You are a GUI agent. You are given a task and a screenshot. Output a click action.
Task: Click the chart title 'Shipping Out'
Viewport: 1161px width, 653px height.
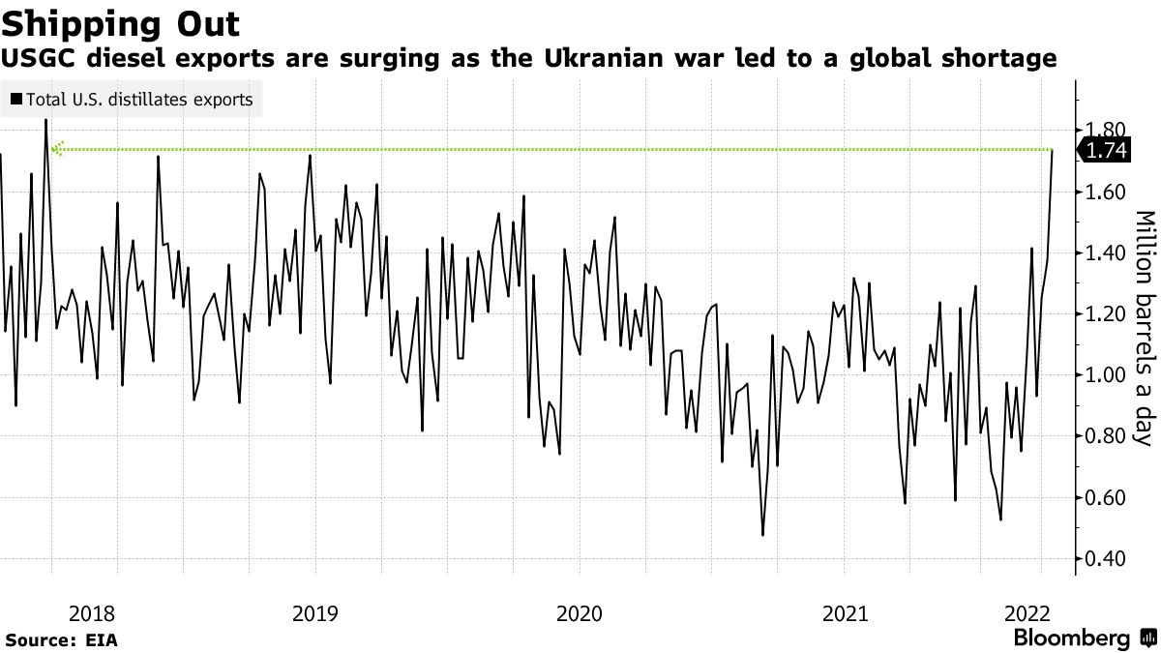pyautogui.click(x=122, y=20)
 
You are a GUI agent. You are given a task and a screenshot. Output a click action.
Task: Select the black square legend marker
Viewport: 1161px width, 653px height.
pyautogui.click(x=15, y=99)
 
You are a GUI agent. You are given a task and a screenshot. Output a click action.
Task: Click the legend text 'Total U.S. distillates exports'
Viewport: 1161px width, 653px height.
pyautogui.click(x=139, y=99)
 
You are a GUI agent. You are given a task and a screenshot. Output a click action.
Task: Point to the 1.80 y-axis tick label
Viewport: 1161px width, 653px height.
pyautogui.click(x=1105, y=131)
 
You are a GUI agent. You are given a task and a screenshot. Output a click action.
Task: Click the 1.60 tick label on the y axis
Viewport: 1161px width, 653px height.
pyautogui.click(x=1105, y=193)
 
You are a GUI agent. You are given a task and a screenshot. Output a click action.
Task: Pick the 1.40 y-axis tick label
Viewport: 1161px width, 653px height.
pyautogui.click(x=1105, y=253)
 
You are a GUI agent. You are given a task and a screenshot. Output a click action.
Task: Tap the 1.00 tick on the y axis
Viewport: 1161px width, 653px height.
pyautogui.click(x=1105, y=375)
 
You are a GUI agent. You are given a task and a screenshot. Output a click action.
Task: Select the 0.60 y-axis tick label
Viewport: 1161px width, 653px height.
pyautogui.click(x=1105, y=498)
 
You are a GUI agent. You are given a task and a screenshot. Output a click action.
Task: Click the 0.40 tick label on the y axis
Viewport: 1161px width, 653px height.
pyautogui.click(x=1105, y=559)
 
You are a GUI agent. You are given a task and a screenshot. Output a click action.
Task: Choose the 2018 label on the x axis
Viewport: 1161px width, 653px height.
pyautogui.click(x=92, y=613)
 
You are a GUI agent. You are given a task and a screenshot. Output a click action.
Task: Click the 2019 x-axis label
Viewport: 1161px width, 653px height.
pyautogui.click(x=314, y=613)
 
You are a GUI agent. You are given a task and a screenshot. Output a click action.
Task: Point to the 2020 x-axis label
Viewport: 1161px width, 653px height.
pyautogui.click(x=579, y=613)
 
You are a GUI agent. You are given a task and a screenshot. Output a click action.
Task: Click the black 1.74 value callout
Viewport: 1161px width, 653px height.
pyautogui.click(x=1105, y=151)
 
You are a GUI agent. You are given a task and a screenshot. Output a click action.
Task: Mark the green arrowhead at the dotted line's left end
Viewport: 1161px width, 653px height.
pyautogui.click(x=57, y=149)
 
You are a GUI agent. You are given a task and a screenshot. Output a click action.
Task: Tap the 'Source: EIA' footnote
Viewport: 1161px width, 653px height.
pyautogui.click(x=60, y=640)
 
